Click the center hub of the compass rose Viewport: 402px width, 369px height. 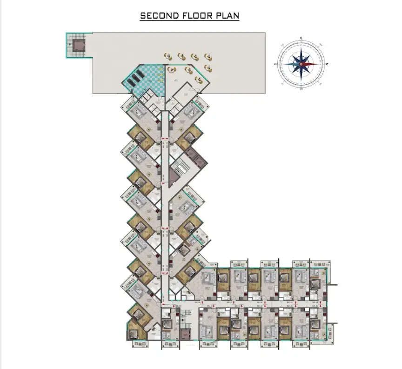[301, 64]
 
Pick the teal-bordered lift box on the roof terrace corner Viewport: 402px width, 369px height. [77, 45]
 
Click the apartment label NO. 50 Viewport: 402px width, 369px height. [178, 306]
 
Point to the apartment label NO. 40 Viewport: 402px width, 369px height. [197, 302]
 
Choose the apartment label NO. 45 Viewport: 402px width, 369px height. [315, 306]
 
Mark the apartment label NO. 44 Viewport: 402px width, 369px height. [315, 302]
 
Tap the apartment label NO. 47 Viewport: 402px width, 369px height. [260, 306]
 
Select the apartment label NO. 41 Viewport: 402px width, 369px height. [229, 302]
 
